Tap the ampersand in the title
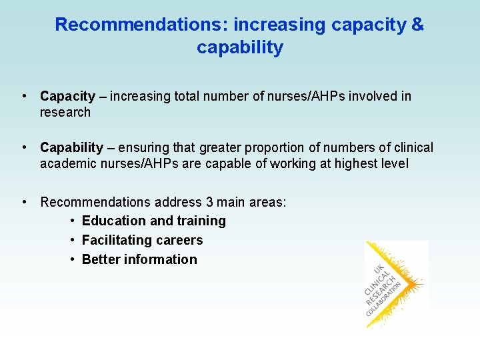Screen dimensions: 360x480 point(417,25)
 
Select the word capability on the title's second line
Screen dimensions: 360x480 point(240,48)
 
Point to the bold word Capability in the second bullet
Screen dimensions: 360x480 point(71,147)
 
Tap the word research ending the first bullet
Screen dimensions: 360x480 point(65,113)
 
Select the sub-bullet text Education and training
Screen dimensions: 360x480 point(153,221)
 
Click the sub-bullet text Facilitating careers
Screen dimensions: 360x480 point(142,240)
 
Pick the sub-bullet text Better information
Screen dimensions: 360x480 point(139,259)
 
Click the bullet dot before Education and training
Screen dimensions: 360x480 point(72,221)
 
